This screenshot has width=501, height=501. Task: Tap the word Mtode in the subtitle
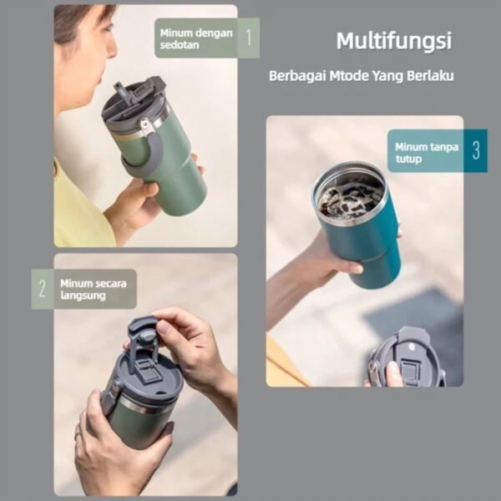(x=353, y=75)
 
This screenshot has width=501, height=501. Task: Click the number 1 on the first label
(x=248, y=37)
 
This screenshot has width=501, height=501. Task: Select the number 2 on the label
(x=42, y=289)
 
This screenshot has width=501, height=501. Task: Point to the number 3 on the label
(x=475, y=150)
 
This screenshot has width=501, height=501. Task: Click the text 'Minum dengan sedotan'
(x=196, y=38)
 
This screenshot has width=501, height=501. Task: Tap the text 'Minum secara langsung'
(x=92, y=289)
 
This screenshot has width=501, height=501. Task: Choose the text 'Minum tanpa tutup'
(x=427, y=152)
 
